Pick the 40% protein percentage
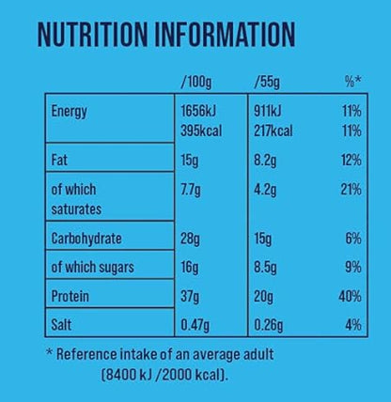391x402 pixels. [x=349, y=297]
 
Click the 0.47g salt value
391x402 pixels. [x=195, y=325]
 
